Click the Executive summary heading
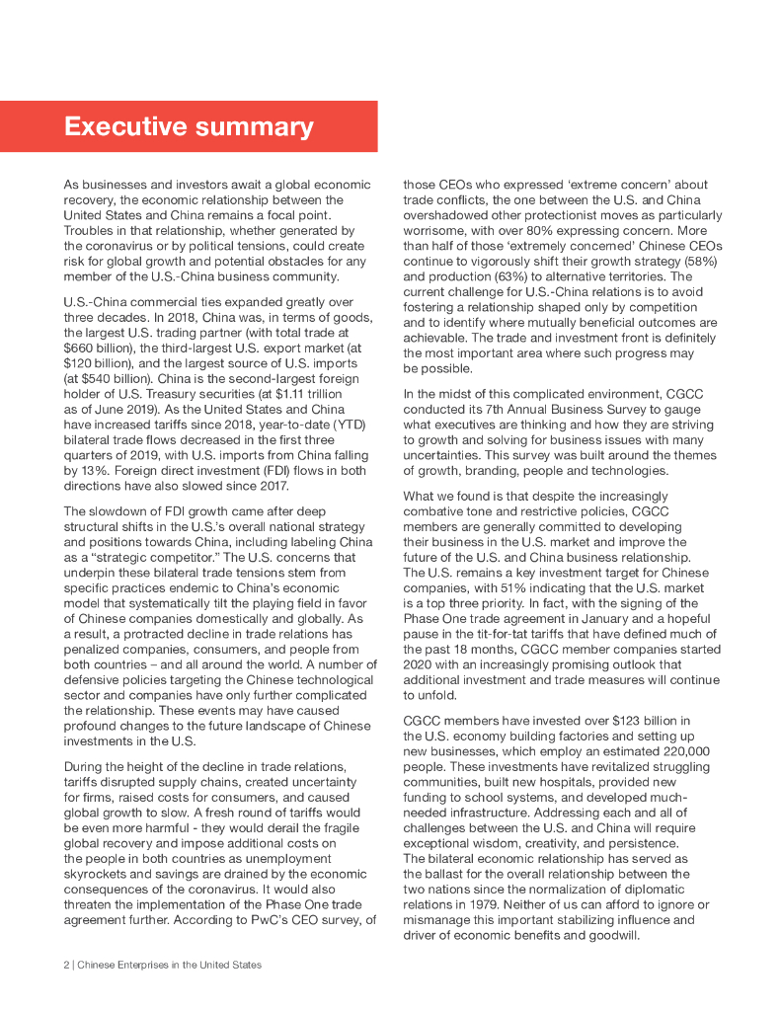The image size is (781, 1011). pos(189,127)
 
